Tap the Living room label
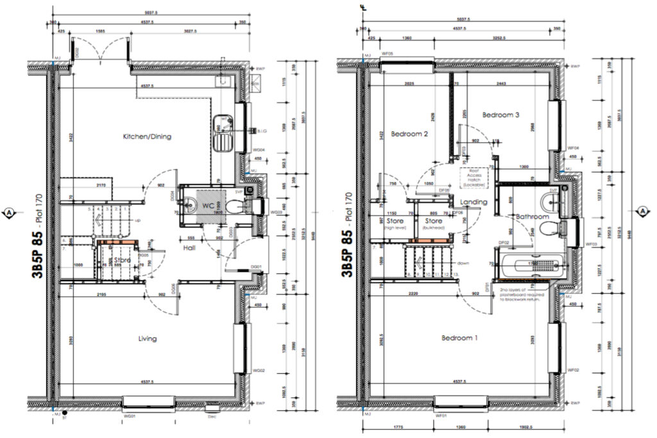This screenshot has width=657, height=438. (x=148, y=338)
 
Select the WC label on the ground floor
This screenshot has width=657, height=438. (x=208, y=206)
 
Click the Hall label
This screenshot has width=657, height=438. (x=189, y=248)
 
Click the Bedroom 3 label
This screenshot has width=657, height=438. (x=500, y=115)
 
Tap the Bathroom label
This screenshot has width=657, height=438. (x=533, y=217)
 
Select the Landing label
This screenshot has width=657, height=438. (x=473, y=202)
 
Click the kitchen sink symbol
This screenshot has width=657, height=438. (x=225, y=131)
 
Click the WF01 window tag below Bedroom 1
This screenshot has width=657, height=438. (x=441, y=416)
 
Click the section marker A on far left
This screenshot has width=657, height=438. (x=9, y=212)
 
